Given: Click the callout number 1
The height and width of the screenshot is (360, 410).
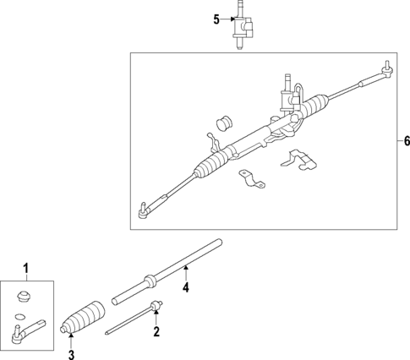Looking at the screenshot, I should pos(25,270).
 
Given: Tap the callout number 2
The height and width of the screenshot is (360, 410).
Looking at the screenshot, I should pos(156,333).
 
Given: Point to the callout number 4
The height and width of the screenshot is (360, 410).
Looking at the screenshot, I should pos(185,289).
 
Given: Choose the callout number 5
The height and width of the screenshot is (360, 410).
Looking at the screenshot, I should pos(216,19).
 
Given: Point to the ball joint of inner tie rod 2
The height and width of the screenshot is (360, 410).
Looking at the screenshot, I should pos(155,305).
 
